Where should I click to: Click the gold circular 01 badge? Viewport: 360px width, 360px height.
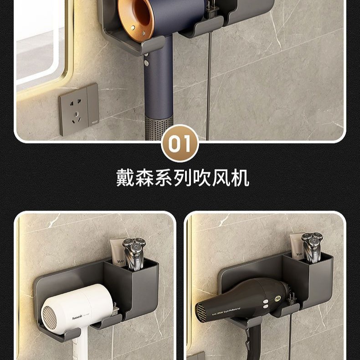click(x=180, y=144)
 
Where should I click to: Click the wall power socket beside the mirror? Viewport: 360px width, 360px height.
click(x=79, y=109)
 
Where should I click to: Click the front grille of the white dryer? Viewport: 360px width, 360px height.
click(x=50, y=317)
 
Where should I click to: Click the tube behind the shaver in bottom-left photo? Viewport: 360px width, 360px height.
click(x=118, y=255)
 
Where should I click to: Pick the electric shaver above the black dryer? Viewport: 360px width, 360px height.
click(x=312, y=247)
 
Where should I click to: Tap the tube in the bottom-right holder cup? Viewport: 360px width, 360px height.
click(x=297, y=249)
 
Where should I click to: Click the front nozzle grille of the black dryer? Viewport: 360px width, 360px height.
click(x=201, y=312)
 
